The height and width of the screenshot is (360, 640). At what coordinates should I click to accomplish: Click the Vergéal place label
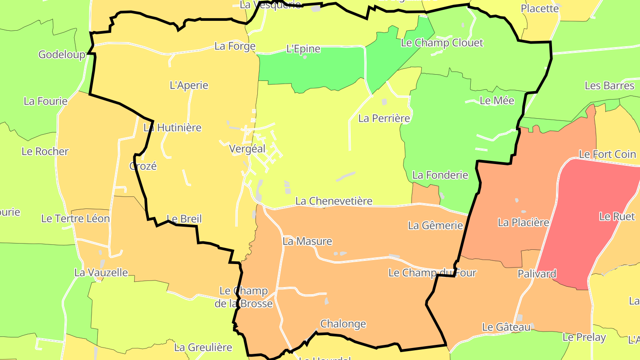(x=247, y=149)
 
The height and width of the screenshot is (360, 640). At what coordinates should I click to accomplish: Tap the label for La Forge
(x=235, y=46)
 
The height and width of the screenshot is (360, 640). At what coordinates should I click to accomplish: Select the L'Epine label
(x=303, y=49)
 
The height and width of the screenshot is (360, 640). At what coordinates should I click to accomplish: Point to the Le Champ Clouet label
(x=442, y=43)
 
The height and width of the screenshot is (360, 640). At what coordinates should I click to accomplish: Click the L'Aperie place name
(x=189, y=85)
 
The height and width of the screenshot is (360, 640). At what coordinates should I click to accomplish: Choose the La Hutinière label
(x=172, y=128)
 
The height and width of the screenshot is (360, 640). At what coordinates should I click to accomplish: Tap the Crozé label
(x=143, y=166)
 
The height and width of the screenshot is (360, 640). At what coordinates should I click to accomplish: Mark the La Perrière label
(x=384, y=119)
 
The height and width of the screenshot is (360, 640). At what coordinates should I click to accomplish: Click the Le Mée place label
(x=497, y=101)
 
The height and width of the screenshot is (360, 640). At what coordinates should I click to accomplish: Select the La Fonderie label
(x=440, y=175)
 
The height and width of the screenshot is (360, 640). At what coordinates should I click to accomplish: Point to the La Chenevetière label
(x=334, y=201)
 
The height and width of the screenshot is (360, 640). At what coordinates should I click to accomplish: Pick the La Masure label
(x=307, y=241)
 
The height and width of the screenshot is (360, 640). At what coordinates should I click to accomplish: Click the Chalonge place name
(x=343, y=324)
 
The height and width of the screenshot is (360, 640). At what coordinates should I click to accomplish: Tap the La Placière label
(x=524, y=223)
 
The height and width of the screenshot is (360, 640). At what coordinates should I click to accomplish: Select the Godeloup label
(x=62, y=55)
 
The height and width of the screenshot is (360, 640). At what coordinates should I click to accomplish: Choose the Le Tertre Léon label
(x=76, y=219)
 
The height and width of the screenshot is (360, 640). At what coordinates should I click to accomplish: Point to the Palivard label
(x=537, y=274)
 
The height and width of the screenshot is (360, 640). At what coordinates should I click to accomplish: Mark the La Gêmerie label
(x=436, y=226)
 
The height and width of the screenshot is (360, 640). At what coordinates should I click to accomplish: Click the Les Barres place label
(x=609, y=86)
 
